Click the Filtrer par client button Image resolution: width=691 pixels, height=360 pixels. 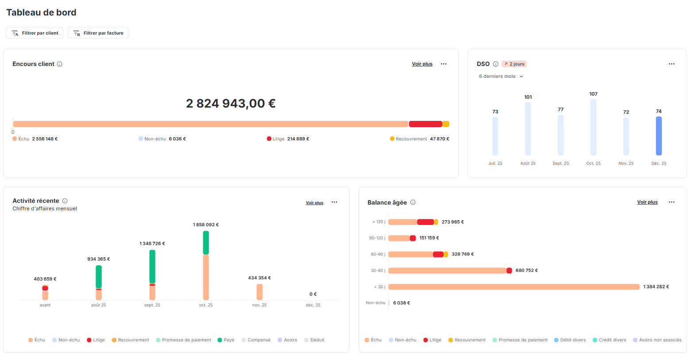pos(35,33)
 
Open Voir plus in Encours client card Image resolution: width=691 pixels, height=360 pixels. pos(422,64)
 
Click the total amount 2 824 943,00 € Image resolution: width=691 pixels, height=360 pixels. pos(231,104)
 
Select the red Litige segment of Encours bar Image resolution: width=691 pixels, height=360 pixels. pos(425,124)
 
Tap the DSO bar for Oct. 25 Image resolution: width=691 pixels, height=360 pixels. pos(593,127)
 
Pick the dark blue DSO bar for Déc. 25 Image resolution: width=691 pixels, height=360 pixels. pos(659,136)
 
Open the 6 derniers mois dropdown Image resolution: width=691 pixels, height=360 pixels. pos(501,77)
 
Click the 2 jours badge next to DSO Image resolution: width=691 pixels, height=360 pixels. pos(514,64)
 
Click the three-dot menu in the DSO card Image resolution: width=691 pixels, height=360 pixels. pos(672,64)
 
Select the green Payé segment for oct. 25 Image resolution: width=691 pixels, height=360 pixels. pos(206,243)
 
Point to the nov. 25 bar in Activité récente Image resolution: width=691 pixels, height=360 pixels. pos(259,292)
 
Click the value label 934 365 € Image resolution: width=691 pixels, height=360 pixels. pos(98,259)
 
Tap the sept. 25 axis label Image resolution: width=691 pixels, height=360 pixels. pos(152,305)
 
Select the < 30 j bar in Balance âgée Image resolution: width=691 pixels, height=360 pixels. pos(513,287)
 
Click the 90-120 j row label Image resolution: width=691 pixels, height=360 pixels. pos(377,238)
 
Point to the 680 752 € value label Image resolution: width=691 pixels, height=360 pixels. pos(526,271)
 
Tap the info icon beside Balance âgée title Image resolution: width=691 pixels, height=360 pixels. pos(413,202)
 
